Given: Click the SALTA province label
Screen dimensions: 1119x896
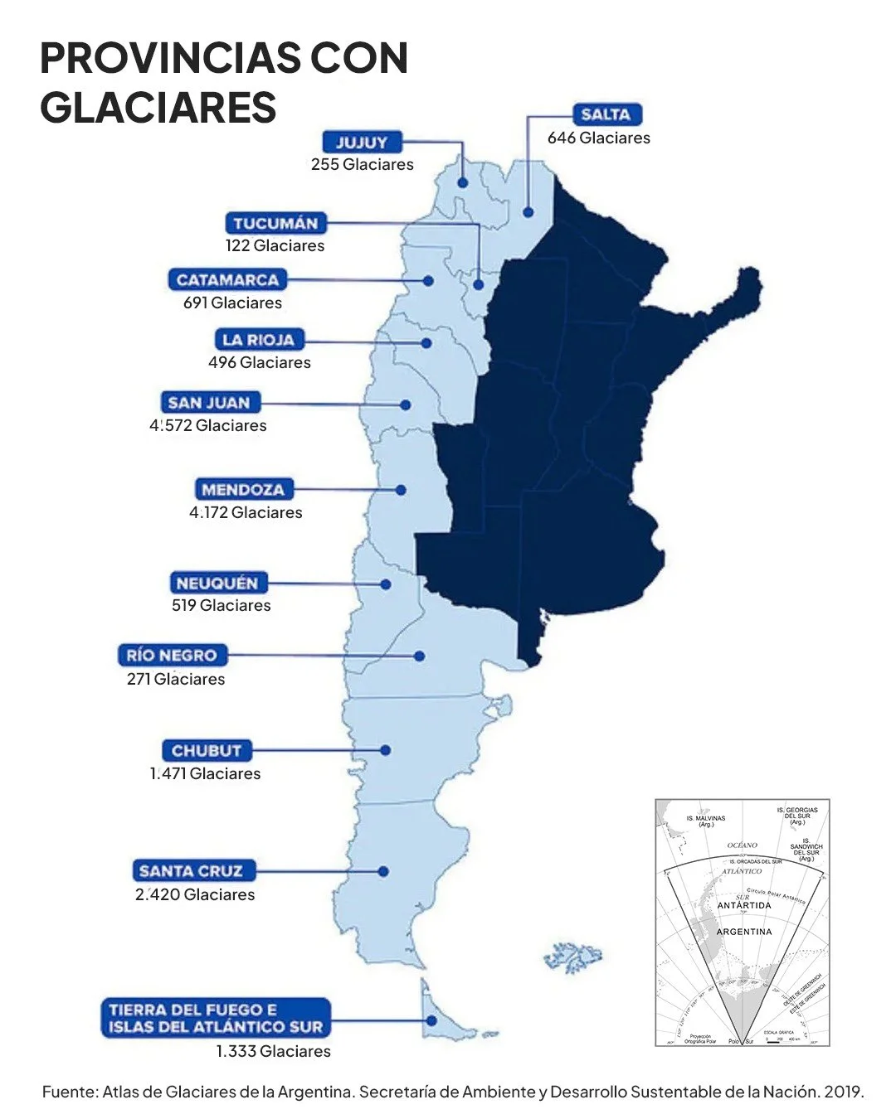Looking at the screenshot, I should click(x=606, y=114).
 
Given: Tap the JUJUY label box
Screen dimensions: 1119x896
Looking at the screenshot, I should click(x=362, y=142).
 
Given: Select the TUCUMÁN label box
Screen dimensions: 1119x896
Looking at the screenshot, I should click(x=275, y=223).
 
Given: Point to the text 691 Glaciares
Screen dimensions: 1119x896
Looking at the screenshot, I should click(x=232, y=303).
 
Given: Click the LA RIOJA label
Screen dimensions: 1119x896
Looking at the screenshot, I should click(x=259, y=340).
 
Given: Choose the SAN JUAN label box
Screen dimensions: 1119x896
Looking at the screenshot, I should click(x=209, y=403).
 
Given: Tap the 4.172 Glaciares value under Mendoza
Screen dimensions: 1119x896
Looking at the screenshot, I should click(x=246, y=513).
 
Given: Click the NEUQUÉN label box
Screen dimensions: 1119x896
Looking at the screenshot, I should click(x=217, y=583).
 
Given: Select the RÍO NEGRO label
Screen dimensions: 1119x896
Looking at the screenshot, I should click(x=172, y=656).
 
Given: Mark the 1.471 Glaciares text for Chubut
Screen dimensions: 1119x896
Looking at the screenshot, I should click(x=205, y=774).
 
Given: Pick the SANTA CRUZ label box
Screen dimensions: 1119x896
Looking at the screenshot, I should click(x=192, y=871).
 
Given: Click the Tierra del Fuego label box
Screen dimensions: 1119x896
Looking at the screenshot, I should click(x=216, y=1018).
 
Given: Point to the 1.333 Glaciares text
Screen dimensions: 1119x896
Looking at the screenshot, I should click(x=273, y=1052).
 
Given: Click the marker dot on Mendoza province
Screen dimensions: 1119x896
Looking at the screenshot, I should click(x=401, y=490).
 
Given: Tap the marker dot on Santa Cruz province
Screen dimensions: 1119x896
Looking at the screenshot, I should click(x=383, y=871).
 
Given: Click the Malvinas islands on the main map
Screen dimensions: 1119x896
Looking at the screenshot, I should click(x=573, y=957).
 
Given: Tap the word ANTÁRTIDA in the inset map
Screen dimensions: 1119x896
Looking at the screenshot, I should click(x=744, y=905).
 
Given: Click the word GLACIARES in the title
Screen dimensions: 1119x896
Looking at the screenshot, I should click(x=158, y=108).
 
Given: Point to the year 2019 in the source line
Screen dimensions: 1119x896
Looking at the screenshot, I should click(x=844, y=1092).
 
